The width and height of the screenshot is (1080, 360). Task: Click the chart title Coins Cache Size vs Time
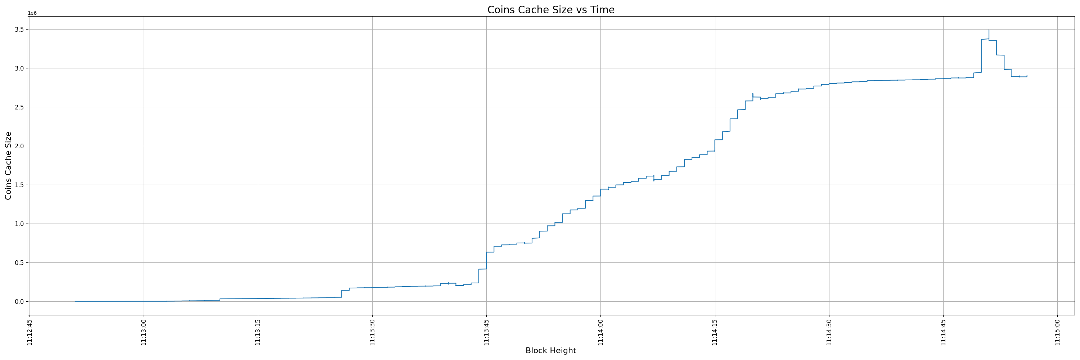point(550,10)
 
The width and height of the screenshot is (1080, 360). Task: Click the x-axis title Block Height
point(550,351)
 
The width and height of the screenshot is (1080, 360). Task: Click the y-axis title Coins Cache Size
point(8,166)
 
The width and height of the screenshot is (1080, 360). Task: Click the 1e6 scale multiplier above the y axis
point(32,13)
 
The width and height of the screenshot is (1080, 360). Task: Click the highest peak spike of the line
point(989,30)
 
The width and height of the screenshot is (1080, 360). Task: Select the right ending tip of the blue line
point(1027,76)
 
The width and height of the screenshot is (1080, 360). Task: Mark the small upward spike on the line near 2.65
point(752,94)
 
